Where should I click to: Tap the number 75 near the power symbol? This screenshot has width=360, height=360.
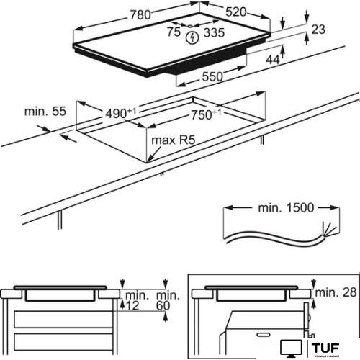click(173, 32)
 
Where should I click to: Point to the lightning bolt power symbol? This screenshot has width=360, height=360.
click(192, 36)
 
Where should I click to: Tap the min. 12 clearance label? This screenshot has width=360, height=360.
click(133, 302)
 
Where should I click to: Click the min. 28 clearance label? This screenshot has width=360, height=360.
click(336, 292)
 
